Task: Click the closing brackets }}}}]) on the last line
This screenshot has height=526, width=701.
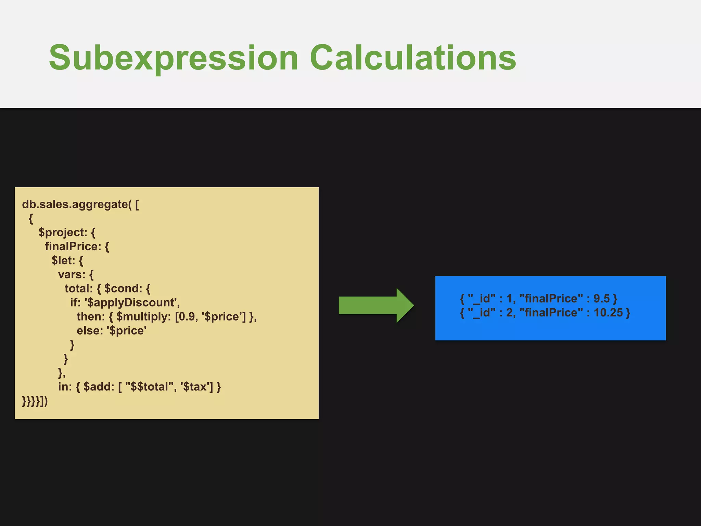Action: [35, 401]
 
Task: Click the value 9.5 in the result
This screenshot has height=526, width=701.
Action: [601, 299]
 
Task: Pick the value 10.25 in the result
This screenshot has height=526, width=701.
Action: [608, 313]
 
